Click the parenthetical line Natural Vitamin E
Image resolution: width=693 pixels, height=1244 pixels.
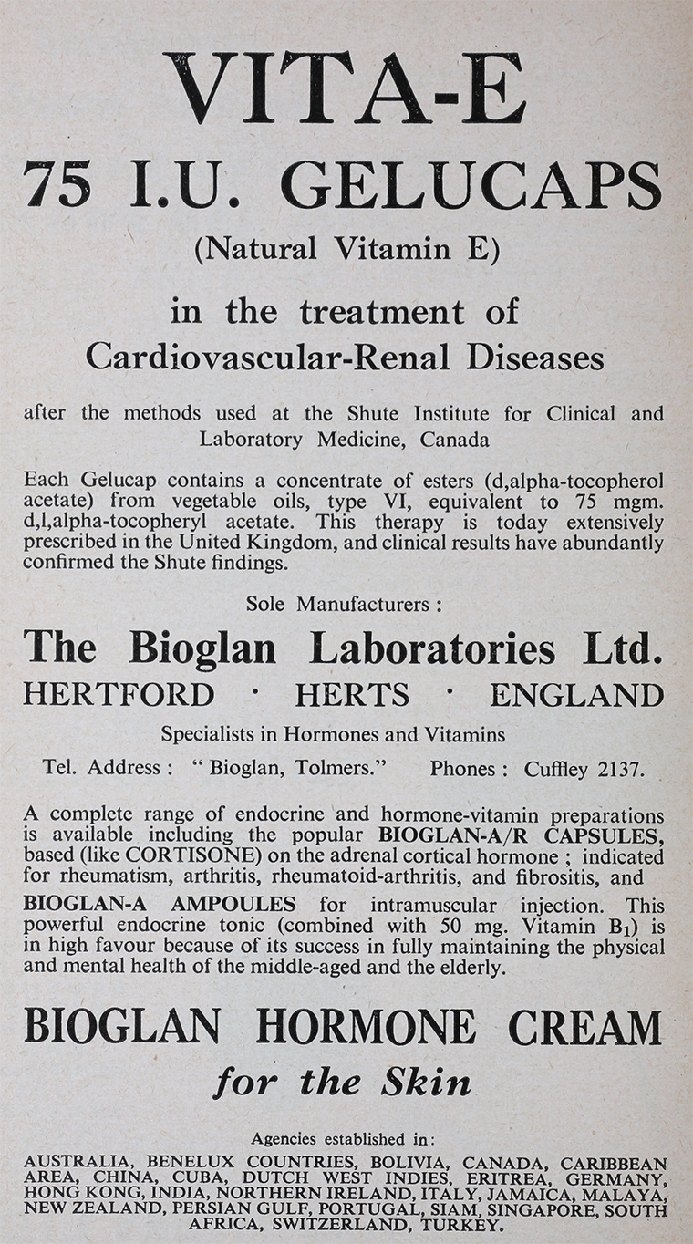[346, 248]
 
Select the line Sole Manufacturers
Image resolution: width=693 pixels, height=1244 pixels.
[345, 604]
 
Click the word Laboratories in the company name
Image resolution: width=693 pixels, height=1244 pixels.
[432, 648]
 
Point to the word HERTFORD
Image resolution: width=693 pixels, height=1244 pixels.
[119, 695]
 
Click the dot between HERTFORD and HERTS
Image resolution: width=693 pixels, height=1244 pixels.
[255, 693]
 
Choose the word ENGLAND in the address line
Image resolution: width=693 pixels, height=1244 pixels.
[576, 695]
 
